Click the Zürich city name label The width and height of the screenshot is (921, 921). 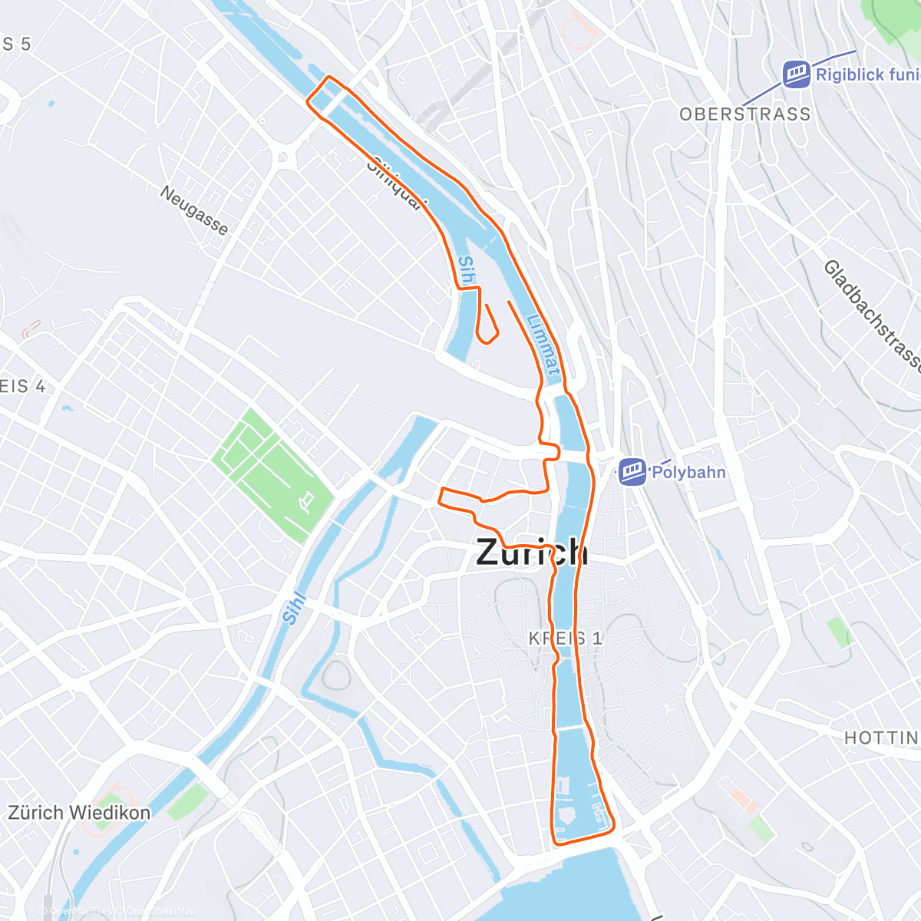pyautogui.click(x=532, y=553)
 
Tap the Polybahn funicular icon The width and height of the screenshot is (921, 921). pyautogui.click(x=633, y=472)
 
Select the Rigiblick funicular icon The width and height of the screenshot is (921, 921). pyautogui.click(x=797, y=74)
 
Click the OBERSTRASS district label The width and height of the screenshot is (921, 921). pyautogui.click(x=744, y=114)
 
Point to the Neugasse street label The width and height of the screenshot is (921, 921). pyautogui.click(x=194, y=210)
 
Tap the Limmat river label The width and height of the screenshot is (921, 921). pyautogui.click(x=543, y=345)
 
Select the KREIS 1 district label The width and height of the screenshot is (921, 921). pyautogui.click(x=566, y=638)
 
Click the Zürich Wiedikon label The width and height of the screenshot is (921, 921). pyautogui.click(x=79, y=813)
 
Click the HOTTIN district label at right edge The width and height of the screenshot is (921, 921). pyautogui.click(x=881, y=738)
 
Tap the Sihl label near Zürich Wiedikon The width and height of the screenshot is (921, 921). pyautogui.click(x=293, y=608)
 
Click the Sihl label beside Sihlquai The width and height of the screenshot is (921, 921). pyautogui.click(x=466, y=272)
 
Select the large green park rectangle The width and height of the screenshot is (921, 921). pyautogui.click(x=273, y=476)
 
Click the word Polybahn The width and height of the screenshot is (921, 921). pyautogui.click(x=688, y=472)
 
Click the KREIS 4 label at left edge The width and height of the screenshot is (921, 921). pyautogui.click(x=21, y=387)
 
